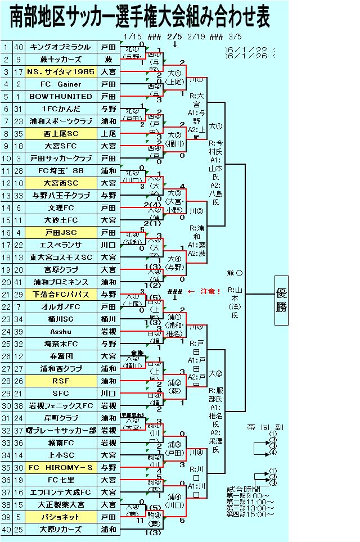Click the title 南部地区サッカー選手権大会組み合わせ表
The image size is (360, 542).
click(x=139, y=17)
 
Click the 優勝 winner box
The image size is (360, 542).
click(x=281, y=300)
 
